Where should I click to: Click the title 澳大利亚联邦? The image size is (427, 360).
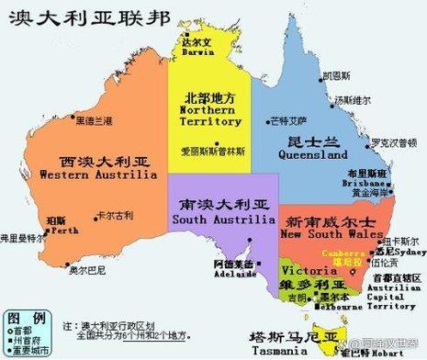click(56, 17)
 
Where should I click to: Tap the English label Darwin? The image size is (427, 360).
click(197, 53)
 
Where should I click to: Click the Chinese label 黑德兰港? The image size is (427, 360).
click(94, 120)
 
